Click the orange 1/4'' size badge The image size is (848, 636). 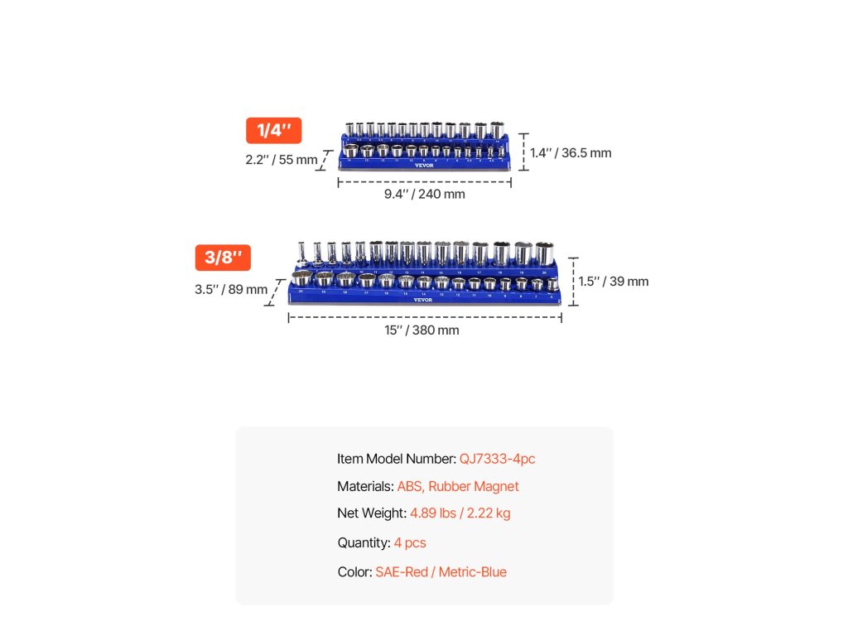(273, 131)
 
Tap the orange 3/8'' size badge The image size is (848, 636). (223, 258)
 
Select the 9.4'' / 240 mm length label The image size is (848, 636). (424, 194)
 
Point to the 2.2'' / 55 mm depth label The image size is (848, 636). (281, 160)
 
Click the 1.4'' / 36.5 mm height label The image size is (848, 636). (571, 152)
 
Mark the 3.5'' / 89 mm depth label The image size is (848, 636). (231, 289)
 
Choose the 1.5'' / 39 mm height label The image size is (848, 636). (614, 282)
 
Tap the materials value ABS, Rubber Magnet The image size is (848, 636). (458, 486)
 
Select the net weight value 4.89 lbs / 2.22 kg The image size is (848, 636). (460, 513)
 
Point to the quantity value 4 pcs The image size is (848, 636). (410, 543)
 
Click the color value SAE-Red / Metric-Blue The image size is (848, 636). (441, 572)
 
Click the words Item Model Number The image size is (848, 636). (396, 459)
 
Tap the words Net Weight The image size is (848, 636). (371, 513)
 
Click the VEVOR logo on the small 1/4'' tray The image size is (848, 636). (424, 164)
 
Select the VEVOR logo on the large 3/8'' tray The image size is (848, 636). (423, 300)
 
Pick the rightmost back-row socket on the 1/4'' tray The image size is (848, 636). (497, 131)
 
